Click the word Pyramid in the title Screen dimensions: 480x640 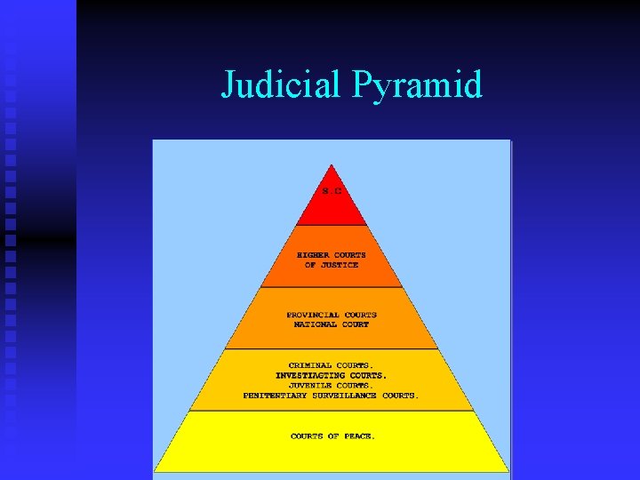pyautogui.click(x=418, y=85)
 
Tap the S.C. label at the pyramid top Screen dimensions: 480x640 pyautogui.click(x=332, y=189)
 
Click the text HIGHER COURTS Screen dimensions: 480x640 pyautogui.click(x=332, y=255)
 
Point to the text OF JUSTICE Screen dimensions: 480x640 pyautogui.click(x=332, y=265)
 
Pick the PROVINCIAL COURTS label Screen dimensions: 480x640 pyautogui.click(x=332, y=315)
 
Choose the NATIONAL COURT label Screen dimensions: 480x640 pyautogui.click(x=332, y=324)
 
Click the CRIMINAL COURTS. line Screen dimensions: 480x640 pyautogui.click(x=332, y=365)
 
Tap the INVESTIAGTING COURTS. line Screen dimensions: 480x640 pyautogui.click(x=332, y=375)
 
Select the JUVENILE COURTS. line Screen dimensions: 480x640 pyautogui.click(x=332, y=385)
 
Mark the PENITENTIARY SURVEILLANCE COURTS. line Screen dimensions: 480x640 pyautogui.click(x=332, y=395)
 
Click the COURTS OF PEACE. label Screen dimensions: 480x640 pyautogui.click(x=332, y=436)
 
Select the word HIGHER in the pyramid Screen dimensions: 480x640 pyautogui.click(x=313, y=255)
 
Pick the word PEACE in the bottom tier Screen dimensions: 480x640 pyautogui.click(x=359, y=436)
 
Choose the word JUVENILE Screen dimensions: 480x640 pyautogui.click(x=309, y=385)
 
